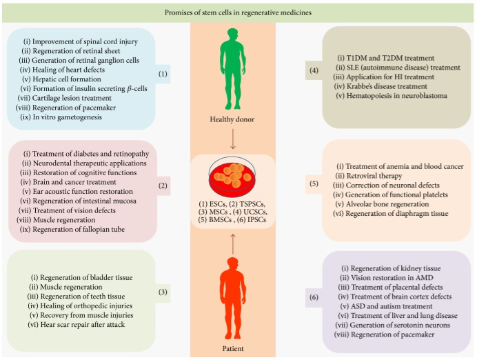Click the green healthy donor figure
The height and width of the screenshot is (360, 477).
tap(233, 69)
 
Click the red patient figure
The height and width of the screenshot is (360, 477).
tap(233, 298)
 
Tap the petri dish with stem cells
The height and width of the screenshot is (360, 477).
tap(232, 180)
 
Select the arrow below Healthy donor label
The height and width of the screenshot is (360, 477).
tap(233, 139)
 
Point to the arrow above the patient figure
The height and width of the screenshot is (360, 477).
tap(233, 244)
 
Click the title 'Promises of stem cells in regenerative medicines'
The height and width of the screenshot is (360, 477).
tap(238, 13)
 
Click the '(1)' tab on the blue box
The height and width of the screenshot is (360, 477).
tap(163, 74)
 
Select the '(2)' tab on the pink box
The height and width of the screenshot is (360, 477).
tap(163, 186)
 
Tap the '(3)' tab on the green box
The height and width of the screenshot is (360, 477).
tap(163, 292)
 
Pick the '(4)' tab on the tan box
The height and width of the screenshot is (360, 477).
tap(314, 70)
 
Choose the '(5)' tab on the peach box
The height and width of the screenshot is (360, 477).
tap(314, 183)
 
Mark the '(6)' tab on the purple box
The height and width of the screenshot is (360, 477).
tap(314, 297)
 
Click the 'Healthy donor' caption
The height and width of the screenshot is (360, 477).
tap(232, 119)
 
